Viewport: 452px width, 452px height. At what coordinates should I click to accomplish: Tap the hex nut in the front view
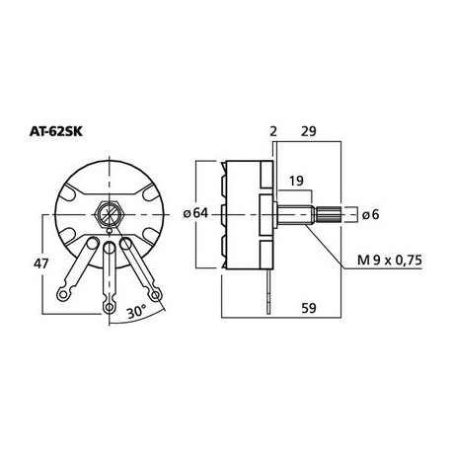pyautogui.click(x=109, y=214)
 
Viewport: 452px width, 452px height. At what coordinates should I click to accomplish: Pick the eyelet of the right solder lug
pyautogui.click(x=154, y=293)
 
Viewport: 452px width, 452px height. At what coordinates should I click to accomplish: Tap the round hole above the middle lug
pyautogui.click(x=109, y=244)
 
